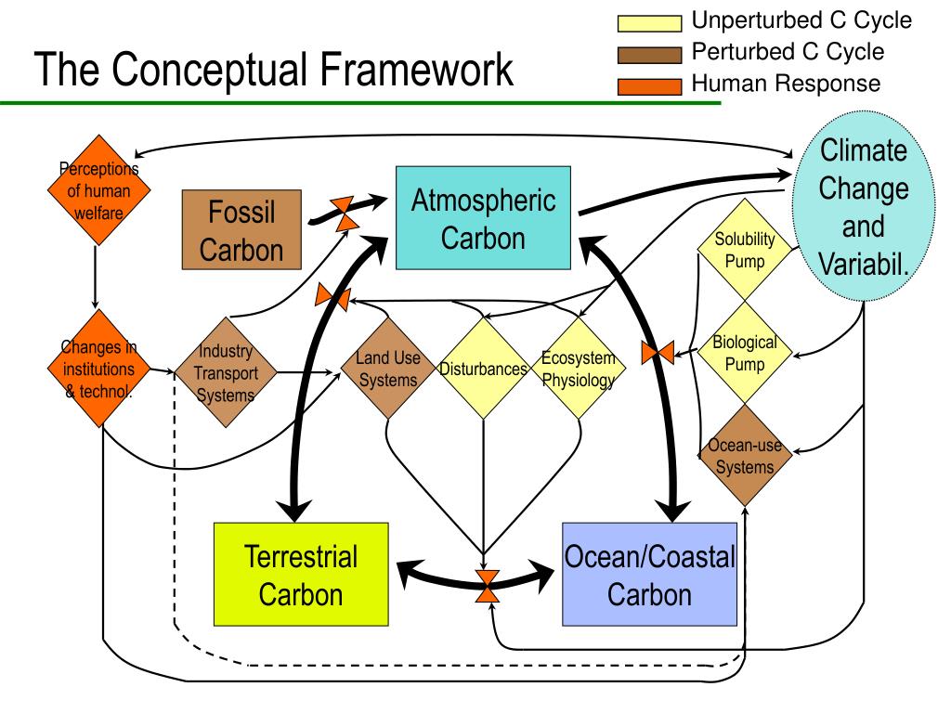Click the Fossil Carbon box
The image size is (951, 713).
(x=241, y=229)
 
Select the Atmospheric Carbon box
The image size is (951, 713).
(x=483, y=217)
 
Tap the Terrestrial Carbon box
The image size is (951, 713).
(x=301, y=574)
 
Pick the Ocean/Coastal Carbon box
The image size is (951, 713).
(x=649, y=574)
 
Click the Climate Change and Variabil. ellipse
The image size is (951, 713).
(x=864, y=206)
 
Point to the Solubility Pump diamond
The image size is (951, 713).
(x=745, y=249)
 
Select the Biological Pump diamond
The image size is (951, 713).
(x=745, y=352)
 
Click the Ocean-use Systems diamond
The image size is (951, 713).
(x=745, y=455)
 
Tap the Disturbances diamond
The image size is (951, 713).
(x=483, y=368)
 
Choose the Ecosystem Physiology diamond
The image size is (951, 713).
(x=579, y=368)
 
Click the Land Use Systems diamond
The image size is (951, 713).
(x=388, y=368)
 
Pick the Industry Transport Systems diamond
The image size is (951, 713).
(x=226, y=372)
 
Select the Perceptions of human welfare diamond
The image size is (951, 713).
(x=98, y=190)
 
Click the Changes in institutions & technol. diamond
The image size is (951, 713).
(x=98, y=369)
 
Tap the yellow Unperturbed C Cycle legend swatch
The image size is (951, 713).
(x=649, y=23)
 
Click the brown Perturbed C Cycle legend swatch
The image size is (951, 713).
(x=649, y=55)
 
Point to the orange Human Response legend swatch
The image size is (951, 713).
(x=649, y=86)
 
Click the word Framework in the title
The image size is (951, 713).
(x=417, y=69)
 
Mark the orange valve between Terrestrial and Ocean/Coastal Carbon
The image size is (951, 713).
(x=487, y=586)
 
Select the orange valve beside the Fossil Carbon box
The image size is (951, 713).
(x=345, y=214)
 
